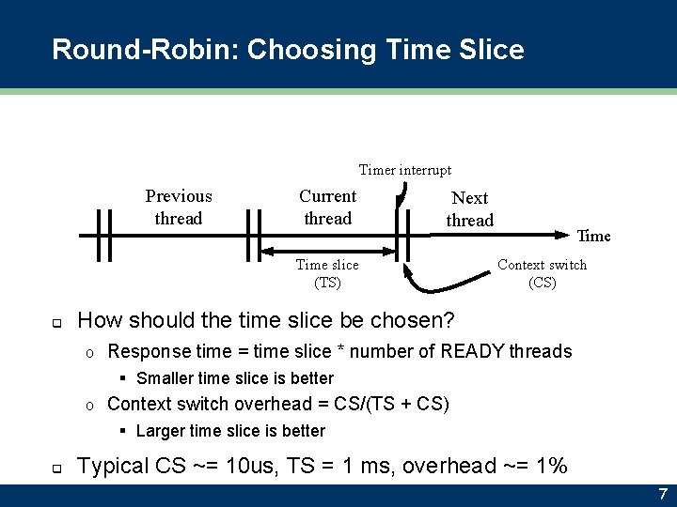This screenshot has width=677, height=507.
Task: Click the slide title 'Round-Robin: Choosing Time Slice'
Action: point(288,49)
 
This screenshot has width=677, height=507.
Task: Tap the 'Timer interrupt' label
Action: point(404,170)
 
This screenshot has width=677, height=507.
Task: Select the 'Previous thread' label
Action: point(179,207)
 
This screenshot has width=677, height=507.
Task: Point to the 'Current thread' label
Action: point(327,207)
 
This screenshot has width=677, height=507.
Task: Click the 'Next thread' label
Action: point(469,209)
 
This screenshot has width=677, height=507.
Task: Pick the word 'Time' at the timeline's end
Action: point(593,236)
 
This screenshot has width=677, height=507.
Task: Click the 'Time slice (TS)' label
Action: point(327,273)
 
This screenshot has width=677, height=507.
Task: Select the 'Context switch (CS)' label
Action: point(542,273)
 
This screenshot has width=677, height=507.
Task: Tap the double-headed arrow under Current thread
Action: point(327,251)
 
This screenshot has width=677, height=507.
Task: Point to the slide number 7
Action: point(662,494)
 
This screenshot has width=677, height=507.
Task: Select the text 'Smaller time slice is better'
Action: point(235,378)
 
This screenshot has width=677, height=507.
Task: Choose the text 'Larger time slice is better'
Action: point(230,431)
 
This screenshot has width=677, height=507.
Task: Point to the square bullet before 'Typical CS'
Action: point(56,468)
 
